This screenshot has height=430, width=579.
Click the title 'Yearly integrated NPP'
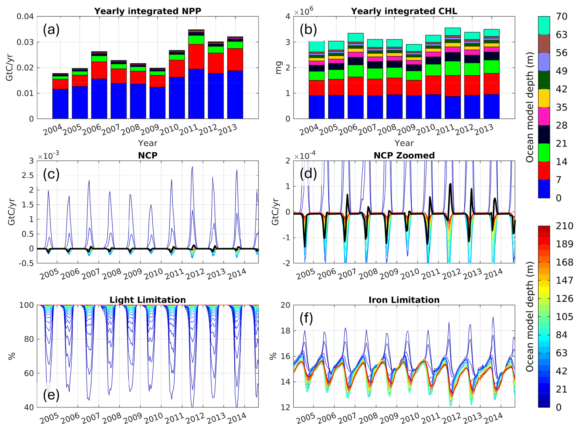[x=148, y=11]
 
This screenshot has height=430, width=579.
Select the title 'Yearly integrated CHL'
[x=404, y=11]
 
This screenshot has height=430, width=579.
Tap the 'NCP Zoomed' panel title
[x=404, y=155]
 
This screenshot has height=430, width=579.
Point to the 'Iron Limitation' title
[x=404, y=300]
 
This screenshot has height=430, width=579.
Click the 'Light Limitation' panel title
[x=148, y=300]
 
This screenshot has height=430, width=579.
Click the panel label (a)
[x=51, y=30]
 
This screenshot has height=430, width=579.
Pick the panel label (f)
[x=306, y=318]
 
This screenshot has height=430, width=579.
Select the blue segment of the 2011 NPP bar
[x=196, y=93]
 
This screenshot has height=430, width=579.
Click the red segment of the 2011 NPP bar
[x=196, y=56]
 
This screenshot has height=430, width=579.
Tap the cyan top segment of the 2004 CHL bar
[x=316, y=46]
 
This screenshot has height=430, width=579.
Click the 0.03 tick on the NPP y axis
[x=25, y=42]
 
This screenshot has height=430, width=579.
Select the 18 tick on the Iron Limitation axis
[x=285, y=331]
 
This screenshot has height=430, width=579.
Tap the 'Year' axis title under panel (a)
[x=148, y=143]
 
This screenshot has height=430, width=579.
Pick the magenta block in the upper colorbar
[x=544, y=116]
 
